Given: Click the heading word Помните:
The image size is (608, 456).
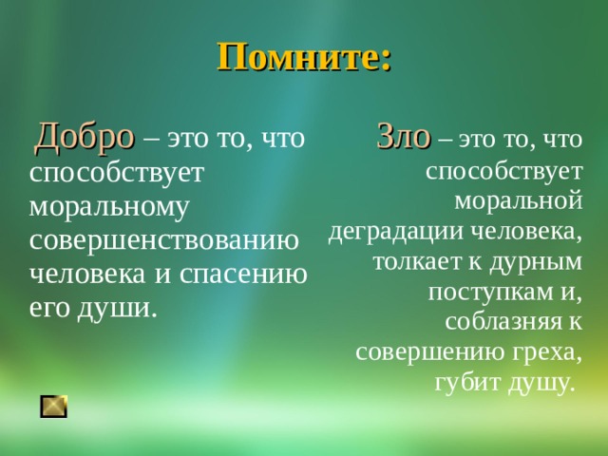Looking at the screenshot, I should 304,57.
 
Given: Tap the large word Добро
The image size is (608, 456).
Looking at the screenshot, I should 85,138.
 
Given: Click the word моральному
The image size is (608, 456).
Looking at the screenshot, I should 109,206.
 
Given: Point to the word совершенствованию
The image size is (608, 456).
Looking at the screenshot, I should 164,240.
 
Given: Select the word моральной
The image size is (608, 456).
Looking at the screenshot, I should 518,200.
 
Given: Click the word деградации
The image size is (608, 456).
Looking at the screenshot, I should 396,231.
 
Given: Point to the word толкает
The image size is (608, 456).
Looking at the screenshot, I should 414,261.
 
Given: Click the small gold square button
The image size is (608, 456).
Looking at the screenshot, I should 54,406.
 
